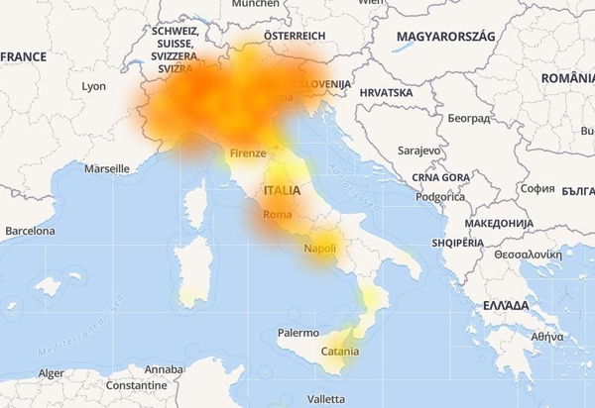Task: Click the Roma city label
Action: point(277,215)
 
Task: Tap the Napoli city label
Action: point(320,248)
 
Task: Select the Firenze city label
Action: point(247,153)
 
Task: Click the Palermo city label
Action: point(298,334)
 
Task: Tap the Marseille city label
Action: point(107,168)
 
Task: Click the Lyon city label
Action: point(93,86)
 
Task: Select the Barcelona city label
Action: point(30,231)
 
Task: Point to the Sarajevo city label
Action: point(418,150)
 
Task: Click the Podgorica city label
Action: point(440,196)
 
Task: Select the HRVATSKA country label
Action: point(386,92)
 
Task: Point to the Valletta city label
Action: point(326,398)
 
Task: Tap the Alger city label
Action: point(51,373)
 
